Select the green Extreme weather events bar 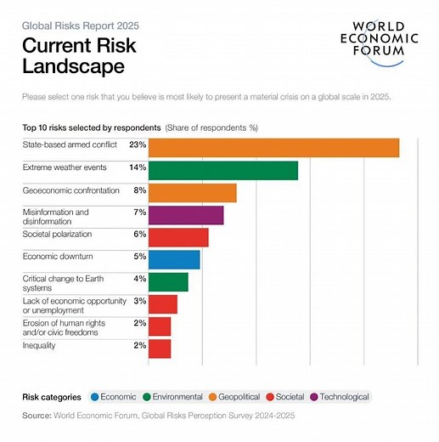pos(223,170)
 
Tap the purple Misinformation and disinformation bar pos(186,215)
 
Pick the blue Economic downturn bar pos(174,259)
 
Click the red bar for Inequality pos(160,348)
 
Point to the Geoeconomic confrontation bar pos(192,192)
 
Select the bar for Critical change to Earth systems pos(168,281)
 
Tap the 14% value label pos(138,167)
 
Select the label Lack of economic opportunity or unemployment pos(74,305)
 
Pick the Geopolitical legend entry pos(242,397)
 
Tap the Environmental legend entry pos(176,397)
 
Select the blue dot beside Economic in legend pos(95,397)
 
